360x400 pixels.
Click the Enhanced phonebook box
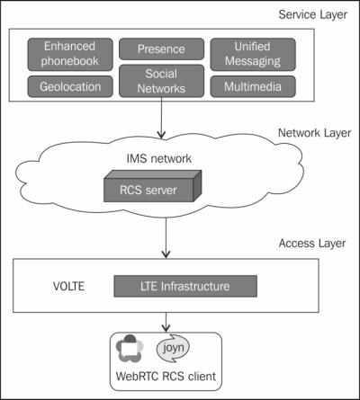tap(70, 54)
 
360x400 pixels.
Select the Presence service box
tap(161, 49)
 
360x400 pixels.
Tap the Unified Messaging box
tap(253, 54)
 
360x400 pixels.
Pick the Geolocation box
tap(70, 86)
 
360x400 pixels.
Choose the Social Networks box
tap(161, 81)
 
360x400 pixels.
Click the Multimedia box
tap(253, 86)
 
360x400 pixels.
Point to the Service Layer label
tap(313, 14)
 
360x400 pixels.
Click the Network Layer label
tap(314, 133)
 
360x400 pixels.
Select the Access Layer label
tap(312, 244)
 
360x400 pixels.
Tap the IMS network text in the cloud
tap(159, 158)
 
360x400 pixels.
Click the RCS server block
tap(152, 186)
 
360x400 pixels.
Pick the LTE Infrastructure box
tap(185, 286)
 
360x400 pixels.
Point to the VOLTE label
tap(68, 286)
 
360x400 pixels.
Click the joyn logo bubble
tap(173, 348)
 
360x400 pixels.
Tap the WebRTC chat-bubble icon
tap(130, 349)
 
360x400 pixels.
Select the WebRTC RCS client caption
tap(166, 377)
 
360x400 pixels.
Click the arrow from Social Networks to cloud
tap(161, 118)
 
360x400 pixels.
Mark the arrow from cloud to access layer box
tap(166, 238)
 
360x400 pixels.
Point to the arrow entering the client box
tap(166, 323)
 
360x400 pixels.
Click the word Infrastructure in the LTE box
tap(195, 286)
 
